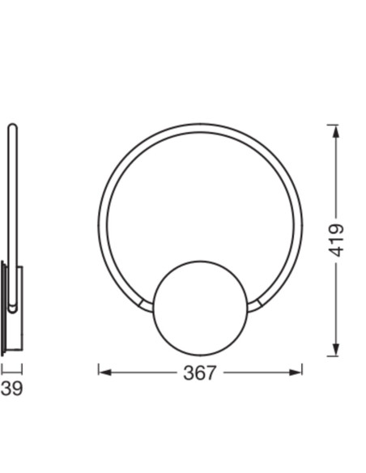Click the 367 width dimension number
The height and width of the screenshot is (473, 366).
point(199,373)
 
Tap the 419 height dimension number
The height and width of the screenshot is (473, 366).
point(336,241)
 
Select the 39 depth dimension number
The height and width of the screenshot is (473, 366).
point(12,389)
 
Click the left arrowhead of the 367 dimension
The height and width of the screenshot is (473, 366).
point(105,373)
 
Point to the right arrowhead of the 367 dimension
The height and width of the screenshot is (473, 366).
point(296,373)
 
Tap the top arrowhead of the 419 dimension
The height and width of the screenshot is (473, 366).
point(336,131)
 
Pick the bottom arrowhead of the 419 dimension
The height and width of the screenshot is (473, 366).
point(336,350)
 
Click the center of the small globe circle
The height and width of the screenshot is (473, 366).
point(201,309)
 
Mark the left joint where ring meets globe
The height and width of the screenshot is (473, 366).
point(146,306)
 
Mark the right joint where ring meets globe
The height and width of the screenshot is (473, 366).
point(255,306)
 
